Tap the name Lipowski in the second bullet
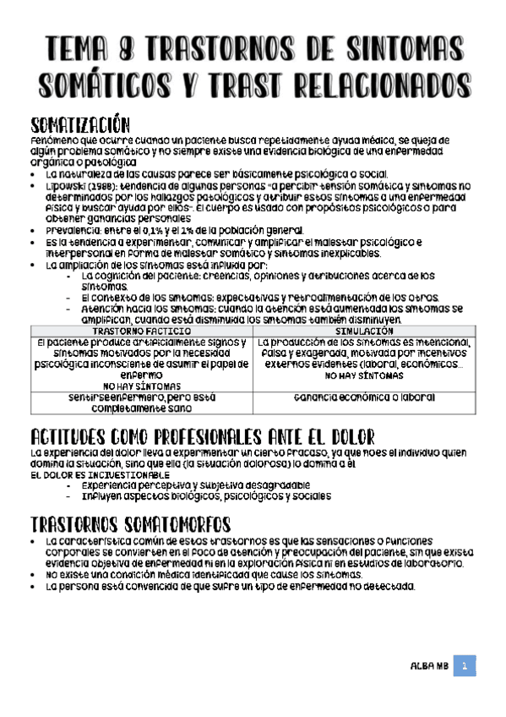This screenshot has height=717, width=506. (x=66, y=184)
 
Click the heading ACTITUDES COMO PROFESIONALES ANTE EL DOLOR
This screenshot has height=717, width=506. (x=202, y=438)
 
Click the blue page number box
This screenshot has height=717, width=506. (x=464, y=666)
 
